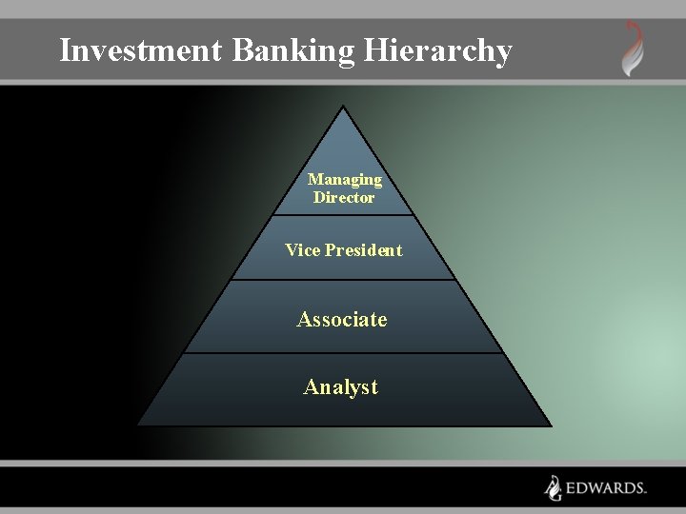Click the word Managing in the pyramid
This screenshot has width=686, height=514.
[345, 179]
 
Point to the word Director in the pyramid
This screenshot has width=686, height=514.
[344, 198]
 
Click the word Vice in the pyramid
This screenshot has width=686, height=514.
[302, 250]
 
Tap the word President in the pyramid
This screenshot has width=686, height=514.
[363, 250]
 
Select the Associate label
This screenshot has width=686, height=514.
[342, 320]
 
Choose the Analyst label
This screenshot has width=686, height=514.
[341, 387]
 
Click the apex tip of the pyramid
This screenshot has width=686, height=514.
[343, 105]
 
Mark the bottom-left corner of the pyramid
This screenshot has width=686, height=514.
[137, 425]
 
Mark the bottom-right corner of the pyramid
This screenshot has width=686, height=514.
[551, 425]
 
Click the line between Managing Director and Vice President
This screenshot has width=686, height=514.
[344, 215]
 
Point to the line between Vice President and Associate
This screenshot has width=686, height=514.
[343, 280]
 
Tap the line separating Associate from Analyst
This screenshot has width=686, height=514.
[343, 353]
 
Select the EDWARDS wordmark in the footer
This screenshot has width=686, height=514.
[606, 488]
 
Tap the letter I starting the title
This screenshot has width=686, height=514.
[65, 49]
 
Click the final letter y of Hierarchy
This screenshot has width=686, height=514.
[503, 53]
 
